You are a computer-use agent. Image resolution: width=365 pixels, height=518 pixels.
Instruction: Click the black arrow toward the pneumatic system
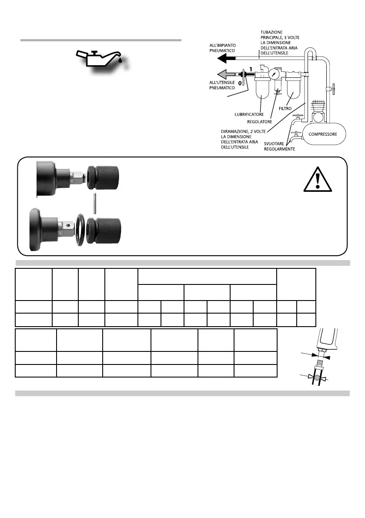(227, 57)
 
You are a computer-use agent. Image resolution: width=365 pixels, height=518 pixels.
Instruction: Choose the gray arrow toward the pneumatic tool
(226, 73)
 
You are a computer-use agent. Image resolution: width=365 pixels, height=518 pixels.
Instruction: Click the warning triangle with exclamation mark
(318, 179)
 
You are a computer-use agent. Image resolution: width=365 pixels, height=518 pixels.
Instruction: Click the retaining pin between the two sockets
(95, 203)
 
